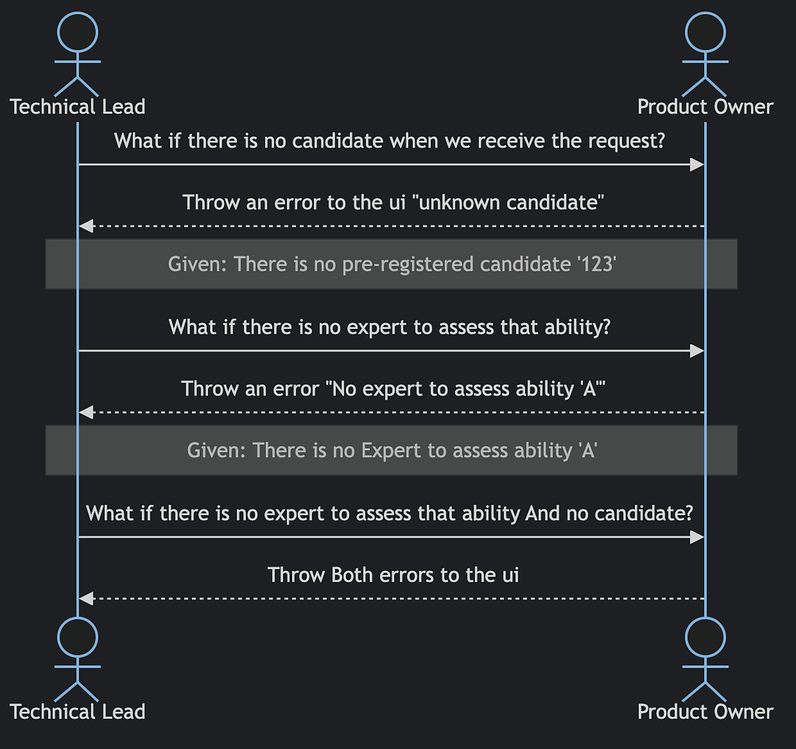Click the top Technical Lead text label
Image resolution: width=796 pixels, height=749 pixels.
[x=78, y=107]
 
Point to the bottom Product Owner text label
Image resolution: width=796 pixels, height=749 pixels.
[x=705, y=712]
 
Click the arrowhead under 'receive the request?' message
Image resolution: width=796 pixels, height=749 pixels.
[x=697, y=165]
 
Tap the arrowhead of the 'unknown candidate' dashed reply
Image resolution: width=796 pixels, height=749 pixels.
[x=86, y=226]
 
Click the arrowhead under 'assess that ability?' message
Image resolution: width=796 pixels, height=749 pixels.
[x=697, y=351]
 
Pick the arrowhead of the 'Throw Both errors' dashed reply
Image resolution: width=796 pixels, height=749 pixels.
[x=86, y=599]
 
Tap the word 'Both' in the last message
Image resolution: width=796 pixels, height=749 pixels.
[x=351, y=576]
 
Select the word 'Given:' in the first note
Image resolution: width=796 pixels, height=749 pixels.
[x=197, y=264]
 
